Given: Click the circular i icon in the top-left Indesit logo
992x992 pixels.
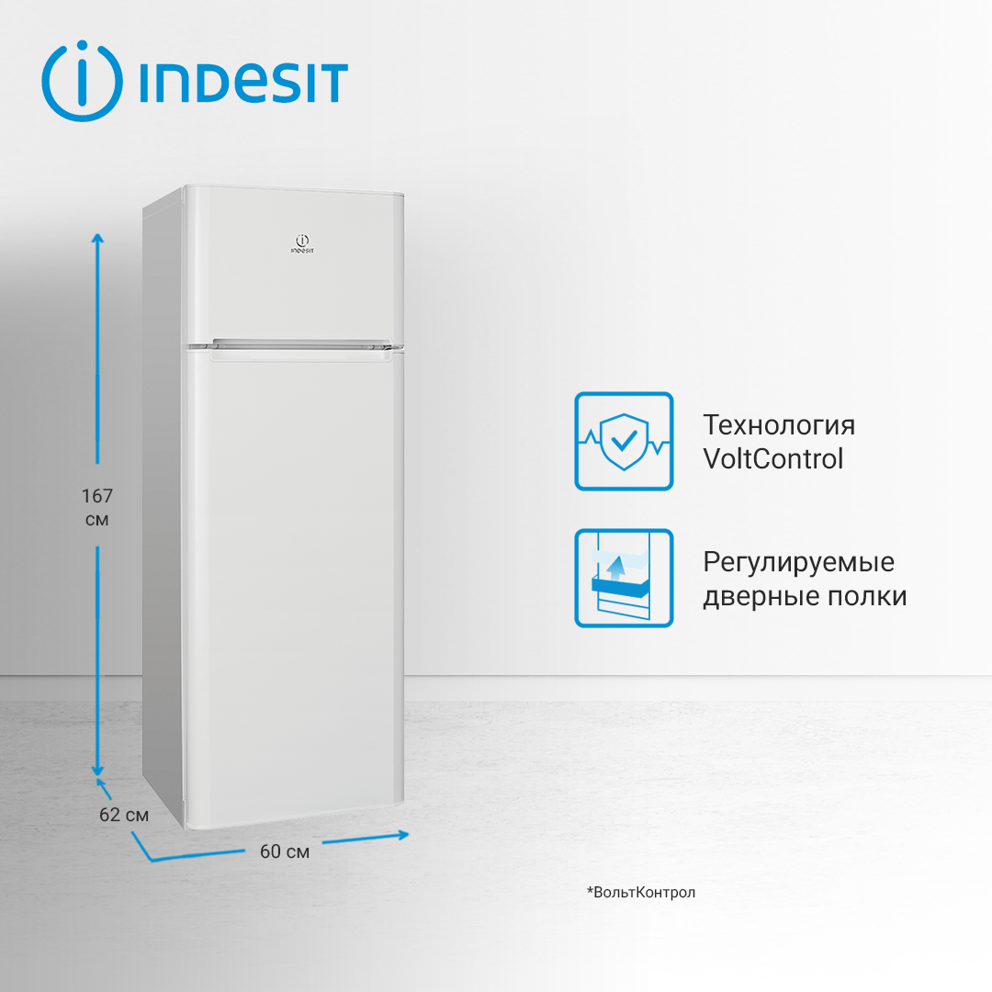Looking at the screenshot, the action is (x=82, y=81).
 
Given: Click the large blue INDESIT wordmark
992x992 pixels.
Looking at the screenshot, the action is (x=243, y=83).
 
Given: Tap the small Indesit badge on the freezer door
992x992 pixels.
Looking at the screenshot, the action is (x=301, y=242).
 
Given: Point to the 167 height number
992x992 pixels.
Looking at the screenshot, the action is (x=96, y=497).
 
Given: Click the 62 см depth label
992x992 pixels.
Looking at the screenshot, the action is (x=124, y=815).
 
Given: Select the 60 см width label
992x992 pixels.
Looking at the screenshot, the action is (x=285, y=851).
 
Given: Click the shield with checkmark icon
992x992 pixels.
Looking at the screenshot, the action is (x=624, y=441).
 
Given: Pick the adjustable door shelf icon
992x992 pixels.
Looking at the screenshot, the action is (x=624, y=578).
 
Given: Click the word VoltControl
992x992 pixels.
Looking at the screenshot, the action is (x=772, y=458).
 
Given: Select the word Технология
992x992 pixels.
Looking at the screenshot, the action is (x=779, y=425).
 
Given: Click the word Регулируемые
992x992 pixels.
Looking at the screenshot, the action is (x=798, y=561).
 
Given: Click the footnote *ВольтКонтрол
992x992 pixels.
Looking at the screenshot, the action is (x=641, y=892).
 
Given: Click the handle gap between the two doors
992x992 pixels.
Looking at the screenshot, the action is (x=294, y=346).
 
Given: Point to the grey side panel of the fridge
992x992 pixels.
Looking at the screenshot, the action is (x=163, y=505).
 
